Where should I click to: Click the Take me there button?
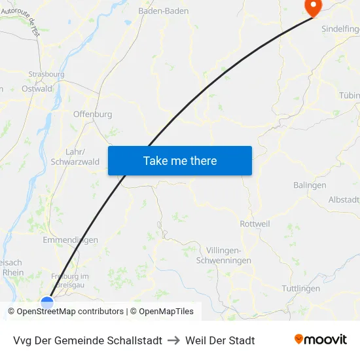180,161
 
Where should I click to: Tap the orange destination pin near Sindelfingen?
313,7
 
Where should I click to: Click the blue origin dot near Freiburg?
47,302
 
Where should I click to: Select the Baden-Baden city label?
164,11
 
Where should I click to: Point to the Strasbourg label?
46,75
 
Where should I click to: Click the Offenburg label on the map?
92,114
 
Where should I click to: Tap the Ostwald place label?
37,89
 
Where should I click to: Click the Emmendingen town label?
70,240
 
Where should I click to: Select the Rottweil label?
255,224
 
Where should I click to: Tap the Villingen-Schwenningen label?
224,256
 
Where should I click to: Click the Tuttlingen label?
300,289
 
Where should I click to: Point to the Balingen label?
310,185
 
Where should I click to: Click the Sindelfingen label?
340,29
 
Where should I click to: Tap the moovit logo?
321,340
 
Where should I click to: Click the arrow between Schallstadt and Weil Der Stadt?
174,340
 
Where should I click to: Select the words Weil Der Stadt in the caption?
220,340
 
